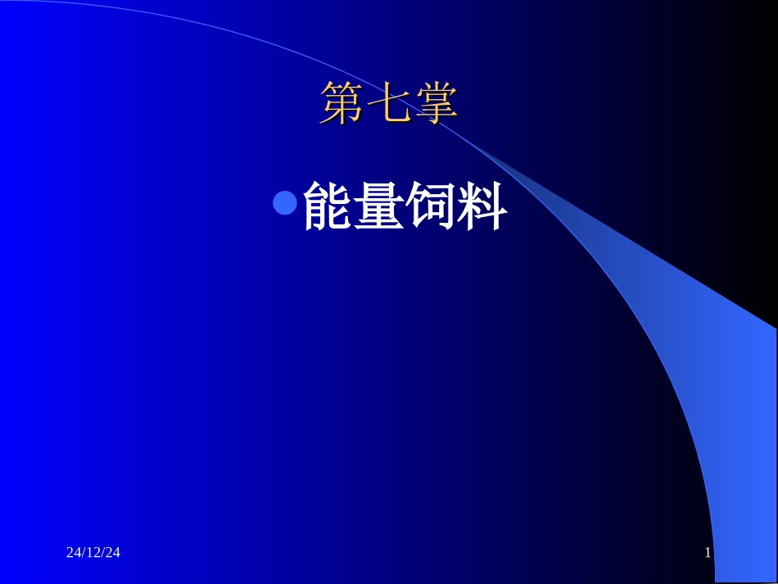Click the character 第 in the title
(x=342, y=104)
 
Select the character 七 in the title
(x=388, y=104)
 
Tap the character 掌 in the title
(x=435, y=104)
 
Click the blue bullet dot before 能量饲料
(x=284, y=203)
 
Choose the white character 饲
(x=431, y=206)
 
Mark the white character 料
(x=482, y=206)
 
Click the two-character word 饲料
(x=457, y=206)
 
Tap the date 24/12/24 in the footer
(x=93, y=554)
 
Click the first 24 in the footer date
(x=73, y=554)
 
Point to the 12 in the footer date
(x=93, y=554)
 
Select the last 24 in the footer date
(x=113, y=554)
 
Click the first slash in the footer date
(x=83, y=554)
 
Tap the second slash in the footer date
(x=103, y=554)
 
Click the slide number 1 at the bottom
(x=708, y=554)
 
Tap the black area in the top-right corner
(x=737, y=33)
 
